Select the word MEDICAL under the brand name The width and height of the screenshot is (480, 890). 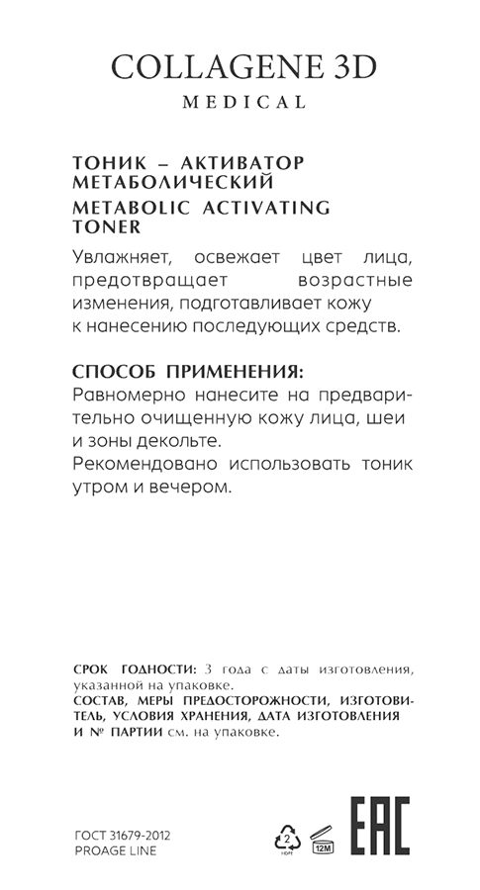click(240, 102)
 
